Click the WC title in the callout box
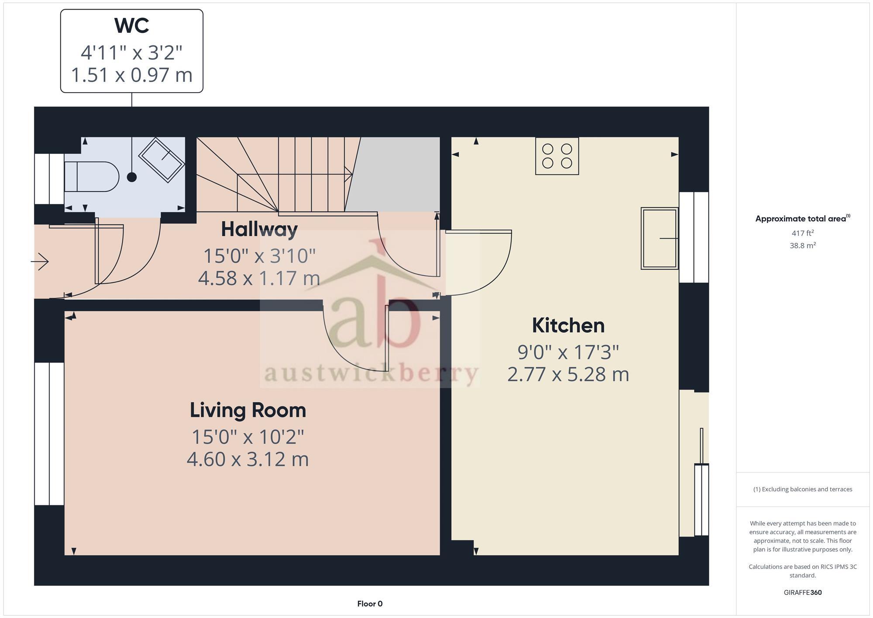(x=131, y=26)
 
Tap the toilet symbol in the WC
(x=91, y=176)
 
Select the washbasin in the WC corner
(x=162, y=160)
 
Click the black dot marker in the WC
(x=132, y=177)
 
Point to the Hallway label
(x=259, y=229)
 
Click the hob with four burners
(x=557, y=156)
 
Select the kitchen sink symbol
(x=659, y=238)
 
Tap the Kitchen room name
(x=568, y=326)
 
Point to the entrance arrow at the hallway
(x=40, y=262)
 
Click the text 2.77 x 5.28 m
(x=568, y=375)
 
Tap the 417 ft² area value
(x=802, y=233)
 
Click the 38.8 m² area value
(x=802, y=245)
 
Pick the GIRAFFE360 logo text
(x=802, y=593)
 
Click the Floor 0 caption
(x=370, y=604)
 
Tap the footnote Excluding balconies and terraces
(x=802, y=489)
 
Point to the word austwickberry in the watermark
(x=370, y=374)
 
